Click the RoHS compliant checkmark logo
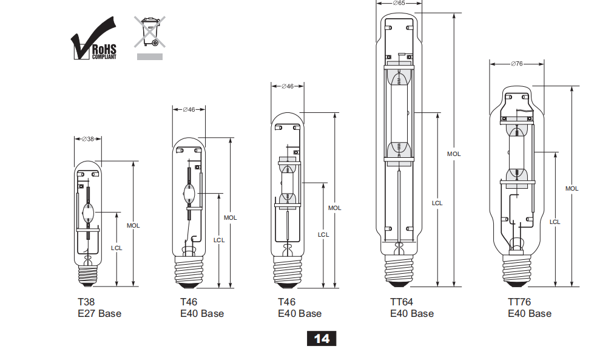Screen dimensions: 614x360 click(x=93, y=39)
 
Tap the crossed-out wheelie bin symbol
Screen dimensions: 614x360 click(x=150, y=32)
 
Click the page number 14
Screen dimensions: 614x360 click(x=322, y=339)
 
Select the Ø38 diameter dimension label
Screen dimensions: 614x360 click(x=88, y=139)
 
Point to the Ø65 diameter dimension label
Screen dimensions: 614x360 click(x=399, y=3)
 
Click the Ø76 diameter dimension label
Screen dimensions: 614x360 click(x=517, y=64)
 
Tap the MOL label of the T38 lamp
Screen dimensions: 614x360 click(x=133, y=226)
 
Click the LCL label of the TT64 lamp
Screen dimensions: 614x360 click(x=437, y=203)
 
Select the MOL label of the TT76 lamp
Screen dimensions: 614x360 click(x=572, y=189)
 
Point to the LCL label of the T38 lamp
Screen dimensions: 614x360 click(x=116, y=248)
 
